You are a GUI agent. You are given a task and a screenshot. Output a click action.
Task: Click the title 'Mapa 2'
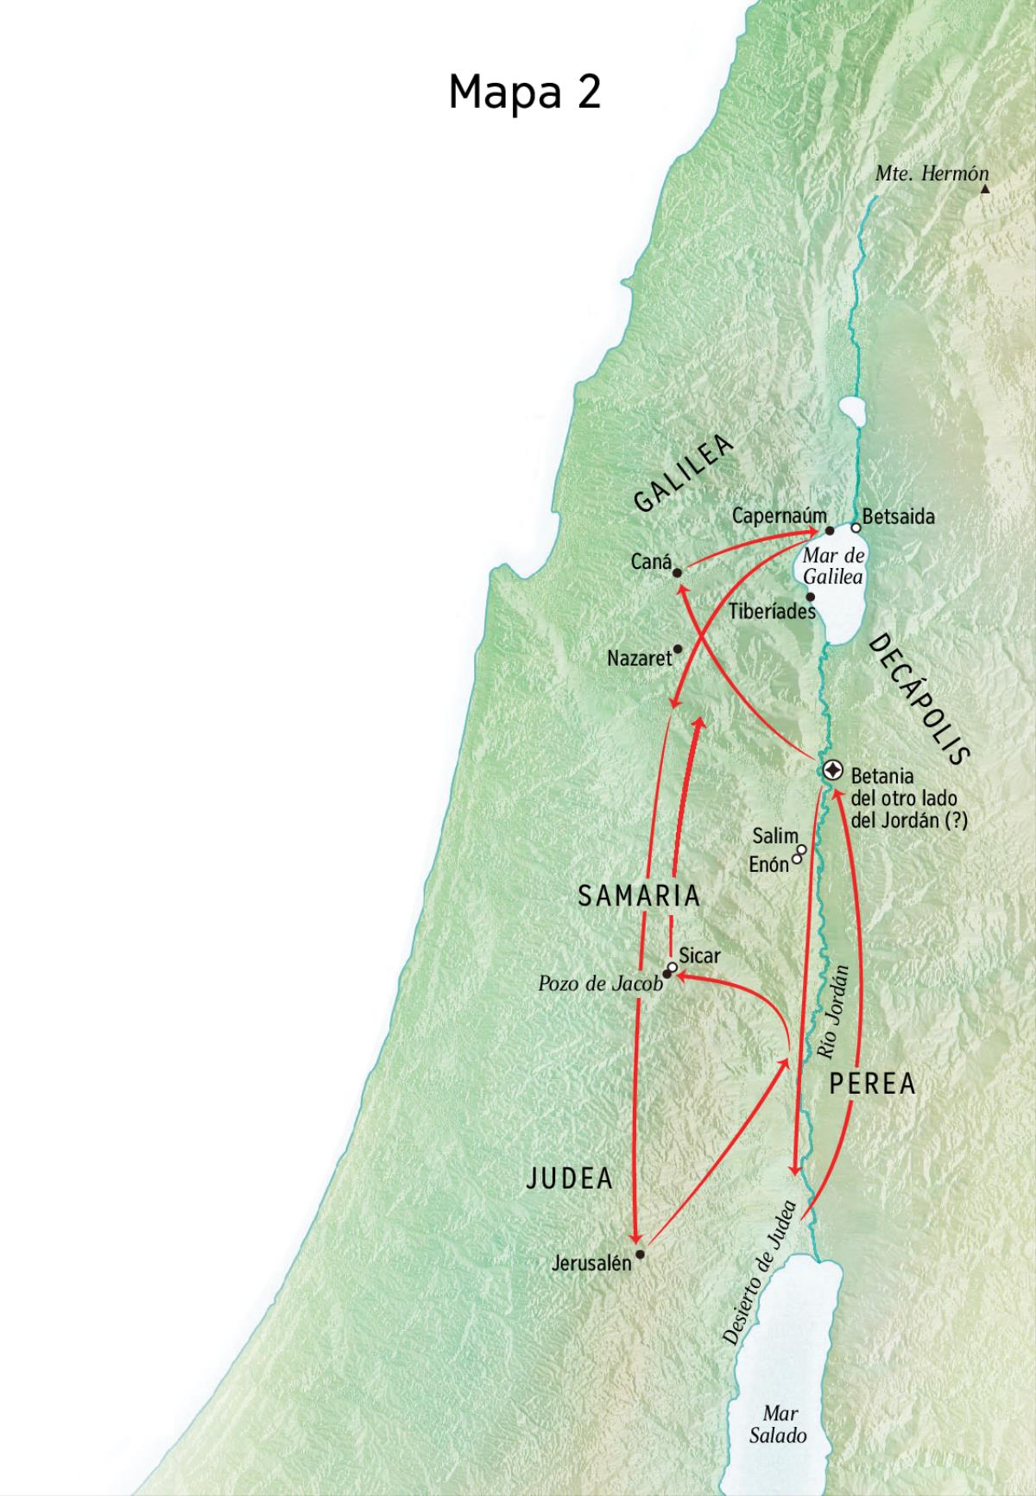point(524,92)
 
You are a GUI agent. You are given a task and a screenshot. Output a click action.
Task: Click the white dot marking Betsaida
point(856,527)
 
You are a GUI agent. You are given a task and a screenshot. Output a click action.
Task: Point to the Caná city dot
point(678,572)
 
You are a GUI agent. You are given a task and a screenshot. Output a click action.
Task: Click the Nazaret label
point(639,659)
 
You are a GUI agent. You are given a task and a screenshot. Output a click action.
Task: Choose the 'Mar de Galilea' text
point(833,565)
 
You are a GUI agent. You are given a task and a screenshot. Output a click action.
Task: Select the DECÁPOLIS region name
point(919,699)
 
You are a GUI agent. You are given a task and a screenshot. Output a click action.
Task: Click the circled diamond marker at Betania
point(833,770)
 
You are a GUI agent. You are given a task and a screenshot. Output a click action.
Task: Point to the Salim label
point(774,836)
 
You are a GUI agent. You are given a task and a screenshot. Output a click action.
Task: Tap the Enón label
point(768,863)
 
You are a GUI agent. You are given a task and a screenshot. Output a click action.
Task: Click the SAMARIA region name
point(639,896)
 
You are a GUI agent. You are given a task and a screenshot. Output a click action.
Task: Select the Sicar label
point(699,956)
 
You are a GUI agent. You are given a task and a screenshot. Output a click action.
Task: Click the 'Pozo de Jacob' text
point(599,983)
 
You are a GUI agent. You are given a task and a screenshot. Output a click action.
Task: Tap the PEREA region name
point(872,1084)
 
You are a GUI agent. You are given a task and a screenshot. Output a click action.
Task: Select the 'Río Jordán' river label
point(833,1012)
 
